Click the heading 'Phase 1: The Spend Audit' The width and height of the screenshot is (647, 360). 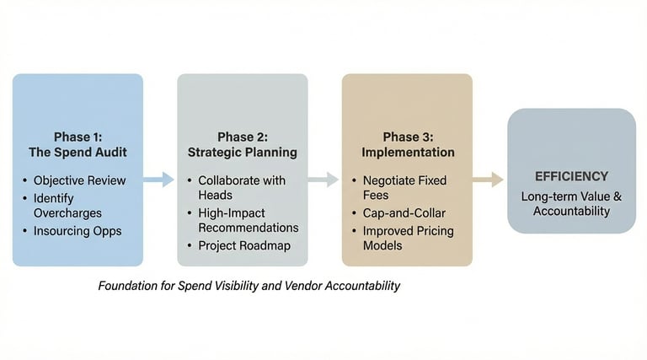(x=78, y=145)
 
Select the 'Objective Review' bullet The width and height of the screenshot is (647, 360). (x=79, y=180)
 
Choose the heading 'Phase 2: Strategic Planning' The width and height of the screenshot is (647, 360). (x=242, y=145)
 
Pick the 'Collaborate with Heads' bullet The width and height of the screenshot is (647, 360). (x=241, y=188)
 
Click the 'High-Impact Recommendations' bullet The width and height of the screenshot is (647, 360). (x=248, y=220)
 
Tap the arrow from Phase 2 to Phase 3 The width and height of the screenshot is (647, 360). (x=323, y=180)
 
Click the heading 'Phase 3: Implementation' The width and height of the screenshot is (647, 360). (x=408, y=145)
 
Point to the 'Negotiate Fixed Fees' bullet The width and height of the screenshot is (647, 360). (x=404, y=188)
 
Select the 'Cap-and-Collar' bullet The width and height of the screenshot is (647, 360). (x=404, y=213)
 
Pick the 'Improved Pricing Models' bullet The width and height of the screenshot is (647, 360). (x=408, y=238)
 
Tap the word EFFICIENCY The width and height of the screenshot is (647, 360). (x=571, y=177)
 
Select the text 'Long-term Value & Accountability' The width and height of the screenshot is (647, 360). (x=571, y=203)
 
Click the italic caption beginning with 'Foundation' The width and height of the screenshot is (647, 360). (x=249, y=286)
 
